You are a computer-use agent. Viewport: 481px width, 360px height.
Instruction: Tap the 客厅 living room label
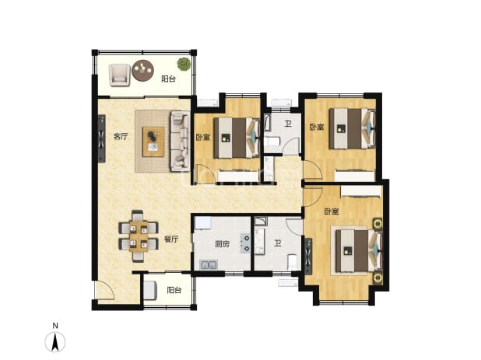[120, 136]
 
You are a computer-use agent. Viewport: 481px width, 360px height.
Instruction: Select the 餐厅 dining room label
[171, 239]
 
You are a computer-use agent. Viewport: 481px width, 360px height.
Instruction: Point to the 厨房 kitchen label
[222, 244]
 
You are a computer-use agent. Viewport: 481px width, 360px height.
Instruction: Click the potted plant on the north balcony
[184, 64]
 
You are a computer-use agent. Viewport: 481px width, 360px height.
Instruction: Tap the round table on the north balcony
[143, 70]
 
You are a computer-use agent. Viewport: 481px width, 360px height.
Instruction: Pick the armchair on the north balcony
[120, 75]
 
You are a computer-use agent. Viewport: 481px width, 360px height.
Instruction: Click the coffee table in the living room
[153, 142]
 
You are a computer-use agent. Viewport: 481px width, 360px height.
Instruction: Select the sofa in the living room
[180, 141]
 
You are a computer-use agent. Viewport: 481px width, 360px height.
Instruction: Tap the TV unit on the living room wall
[101, 138]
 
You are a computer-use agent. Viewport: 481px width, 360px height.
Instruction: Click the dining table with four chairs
[139, 236]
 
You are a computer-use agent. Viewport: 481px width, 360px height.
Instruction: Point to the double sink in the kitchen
[209, 264]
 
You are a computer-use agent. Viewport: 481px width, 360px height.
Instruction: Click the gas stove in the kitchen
[245, 243]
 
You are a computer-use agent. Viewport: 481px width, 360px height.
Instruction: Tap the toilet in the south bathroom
[293, 262]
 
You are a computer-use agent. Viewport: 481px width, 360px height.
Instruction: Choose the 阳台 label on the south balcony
[174, 290]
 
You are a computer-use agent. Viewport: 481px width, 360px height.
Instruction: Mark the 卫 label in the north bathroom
[288, 124]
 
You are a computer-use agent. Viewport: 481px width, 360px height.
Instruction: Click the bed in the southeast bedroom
[358, 251]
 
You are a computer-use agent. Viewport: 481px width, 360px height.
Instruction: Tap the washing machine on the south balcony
[150, 290]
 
